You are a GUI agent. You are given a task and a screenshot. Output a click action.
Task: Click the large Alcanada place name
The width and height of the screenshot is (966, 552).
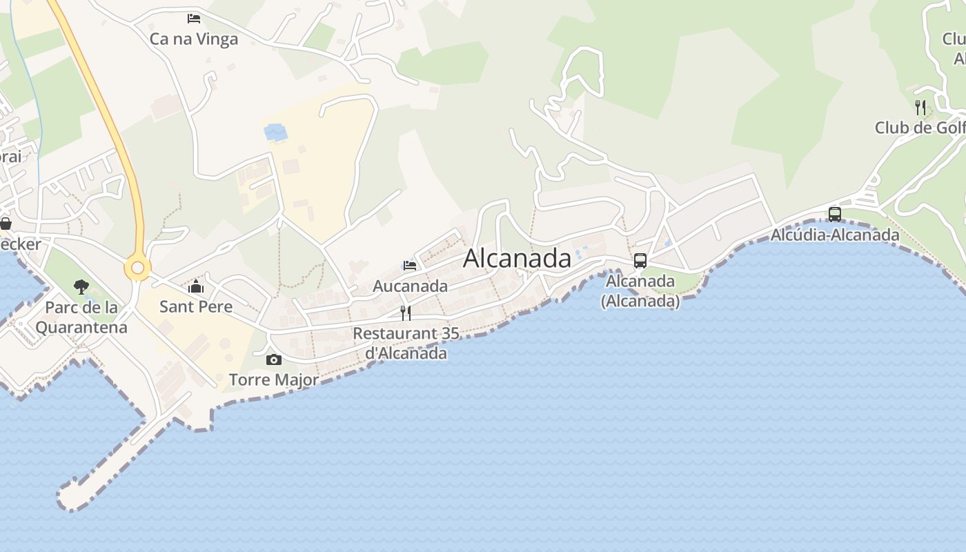pos(517,258)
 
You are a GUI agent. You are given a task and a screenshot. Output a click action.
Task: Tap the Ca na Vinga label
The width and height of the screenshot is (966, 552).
pos(194,39)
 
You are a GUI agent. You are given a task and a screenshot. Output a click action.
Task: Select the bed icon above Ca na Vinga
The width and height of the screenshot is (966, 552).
pos(194,18)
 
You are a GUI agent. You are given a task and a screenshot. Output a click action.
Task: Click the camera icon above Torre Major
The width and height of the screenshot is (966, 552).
pos(274,359)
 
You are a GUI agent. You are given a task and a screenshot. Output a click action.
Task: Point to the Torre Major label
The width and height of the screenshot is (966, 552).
pos(274,379)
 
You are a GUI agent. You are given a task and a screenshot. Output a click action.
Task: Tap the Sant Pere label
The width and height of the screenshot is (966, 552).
pos(196,306)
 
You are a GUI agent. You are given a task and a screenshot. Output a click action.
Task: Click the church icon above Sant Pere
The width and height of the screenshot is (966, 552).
pos(196,286)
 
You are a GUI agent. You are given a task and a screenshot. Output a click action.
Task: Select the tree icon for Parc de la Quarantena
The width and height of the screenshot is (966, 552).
pos(81,287)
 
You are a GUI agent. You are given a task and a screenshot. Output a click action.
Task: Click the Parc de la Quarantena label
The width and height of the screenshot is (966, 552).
pos(81,317)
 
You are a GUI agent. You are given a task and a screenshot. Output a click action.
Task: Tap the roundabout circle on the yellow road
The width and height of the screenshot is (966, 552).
pos(137,268)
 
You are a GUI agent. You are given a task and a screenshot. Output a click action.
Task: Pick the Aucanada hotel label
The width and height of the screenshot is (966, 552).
pos(410,286)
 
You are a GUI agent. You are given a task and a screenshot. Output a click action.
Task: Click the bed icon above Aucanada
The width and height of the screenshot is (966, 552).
pos(410,265)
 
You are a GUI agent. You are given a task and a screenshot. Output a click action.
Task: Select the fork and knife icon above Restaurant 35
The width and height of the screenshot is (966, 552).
pos(406,313)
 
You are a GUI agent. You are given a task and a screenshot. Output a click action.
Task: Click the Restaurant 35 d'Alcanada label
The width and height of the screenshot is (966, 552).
pos(406,343)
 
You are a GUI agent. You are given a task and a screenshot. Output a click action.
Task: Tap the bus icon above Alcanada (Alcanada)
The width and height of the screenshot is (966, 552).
pos(640,261)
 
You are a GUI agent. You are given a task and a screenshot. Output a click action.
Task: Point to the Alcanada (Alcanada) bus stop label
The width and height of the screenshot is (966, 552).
pos(640,290)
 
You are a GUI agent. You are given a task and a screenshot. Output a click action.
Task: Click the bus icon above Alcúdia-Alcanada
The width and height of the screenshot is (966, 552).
pos(835,214)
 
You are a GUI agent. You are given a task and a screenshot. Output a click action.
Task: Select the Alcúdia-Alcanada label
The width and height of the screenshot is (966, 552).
pos(835,235)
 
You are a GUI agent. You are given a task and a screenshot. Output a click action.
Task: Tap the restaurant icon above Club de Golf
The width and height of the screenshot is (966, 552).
pos(920,107)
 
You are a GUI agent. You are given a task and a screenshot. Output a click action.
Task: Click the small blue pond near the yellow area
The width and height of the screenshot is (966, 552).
pos(275,131)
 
